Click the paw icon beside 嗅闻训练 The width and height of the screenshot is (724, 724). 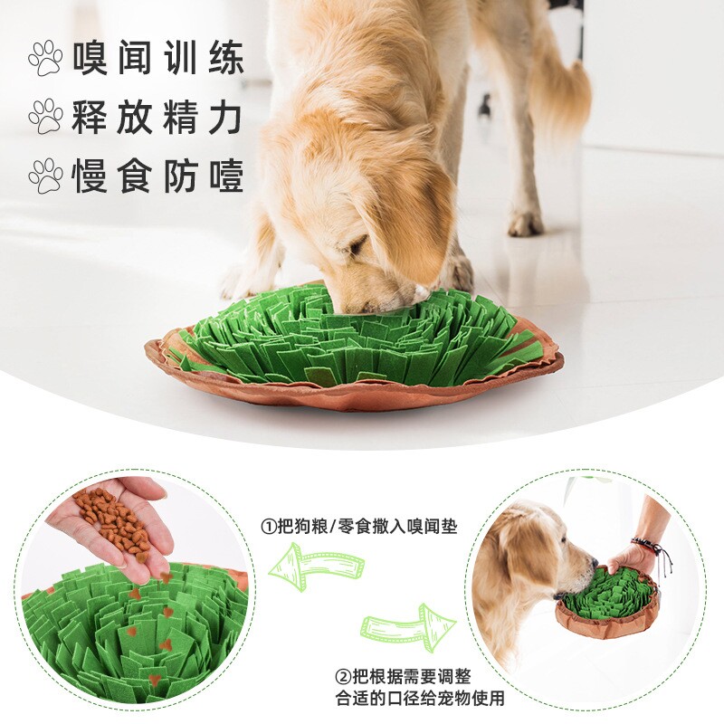(x=44, y=58)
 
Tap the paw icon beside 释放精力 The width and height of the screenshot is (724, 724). (x=44, y=117)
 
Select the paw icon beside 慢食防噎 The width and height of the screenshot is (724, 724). (x=44, y=176)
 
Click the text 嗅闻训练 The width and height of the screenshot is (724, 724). (x=157, y=58)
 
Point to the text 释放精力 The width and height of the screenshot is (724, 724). (x=157, y=117)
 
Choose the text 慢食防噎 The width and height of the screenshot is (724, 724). (x=157, y=176)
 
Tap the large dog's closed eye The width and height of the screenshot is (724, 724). (x=357, y=245)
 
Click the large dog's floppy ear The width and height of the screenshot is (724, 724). (x=412, y=217)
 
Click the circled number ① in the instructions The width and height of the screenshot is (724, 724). (x=269, y=525)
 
